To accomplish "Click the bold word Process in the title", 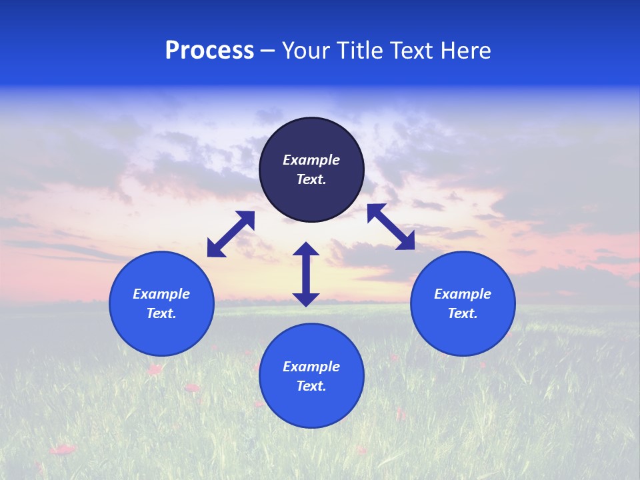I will pos(209,51).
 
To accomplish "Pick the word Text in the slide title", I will pos(413,51).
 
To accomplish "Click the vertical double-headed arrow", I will pos(306,274).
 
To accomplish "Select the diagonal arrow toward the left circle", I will pos(231,234).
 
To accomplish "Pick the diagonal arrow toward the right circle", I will pos(391,227).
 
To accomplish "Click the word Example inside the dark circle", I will pos(311,160).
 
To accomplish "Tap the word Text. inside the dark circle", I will pos(311,179).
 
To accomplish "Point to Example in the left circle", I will pos(161,294).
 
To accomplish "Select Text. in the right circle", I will pos(463,313).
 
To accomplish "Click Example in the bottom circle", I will pos(311,367).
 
